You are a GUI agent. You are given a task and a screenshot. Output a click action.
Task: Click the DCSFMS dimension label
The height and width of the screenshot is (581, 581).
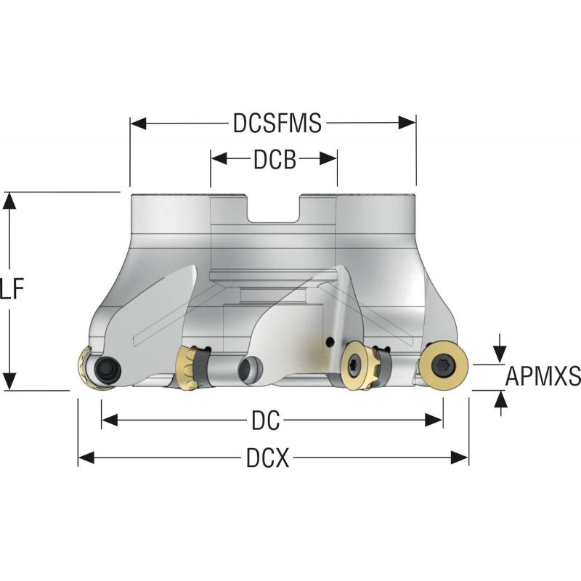pyautogui.click(x=277, y=124)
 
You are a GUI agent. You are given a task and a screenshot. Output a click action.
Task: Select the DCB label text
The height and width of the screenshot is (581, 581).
pyautogui.click(x=275, y=160)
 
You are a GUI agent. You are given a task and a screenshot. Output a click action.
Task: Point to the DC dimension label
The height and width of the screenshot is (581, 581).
pyautogui.click(x=267, y=420)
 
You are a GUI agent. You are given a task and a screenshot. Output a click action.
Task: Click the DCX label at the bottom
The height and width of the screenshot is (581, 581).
pyautogui.click(x=267, y=458)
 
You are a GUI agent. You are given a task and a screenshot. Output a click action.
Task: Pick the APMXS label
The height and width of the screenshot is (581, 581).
pyautogui.click(x=543, y=376)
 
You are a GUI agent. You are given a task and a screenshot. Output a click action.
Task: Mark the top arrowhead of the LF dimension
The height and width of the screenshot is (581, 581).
pyautogui.click(x=9, y=200)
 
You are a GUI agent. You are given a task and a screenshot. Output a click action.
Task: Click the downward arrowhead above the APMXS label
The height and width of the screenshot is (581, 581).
pyautogui.click(x=500, y=354)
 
